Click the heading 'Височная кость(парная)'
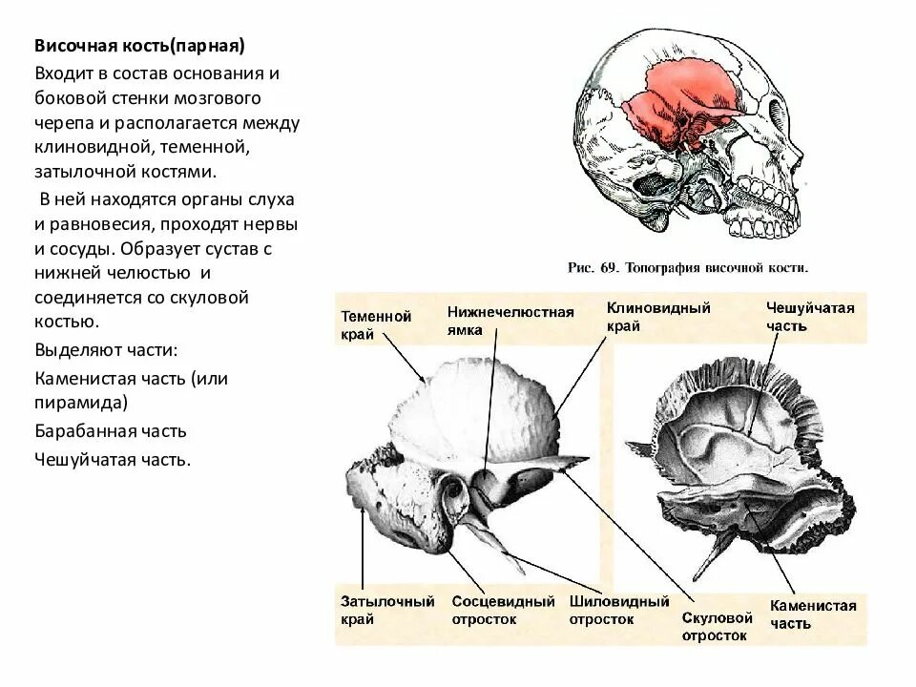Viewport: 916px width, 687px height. point(140,46)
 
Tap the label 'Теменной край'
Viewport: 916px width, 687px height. point(376,324)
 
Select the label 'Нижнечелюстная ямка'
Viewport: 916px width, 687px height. point(510,321)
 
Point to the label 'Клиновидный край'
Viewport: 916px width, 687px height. point(658,317)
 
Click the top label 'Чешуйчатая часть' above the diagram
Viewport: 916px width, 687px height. point(810,317)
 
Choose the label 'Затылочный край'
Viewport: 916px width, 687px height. point(387,610)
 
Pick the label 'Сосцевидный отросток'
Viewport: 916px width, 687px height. point(503,610)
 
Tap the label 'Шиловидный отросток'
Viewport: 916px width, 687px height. point(619,610)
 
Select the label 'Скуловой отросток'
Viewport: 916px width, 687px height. point(718,625)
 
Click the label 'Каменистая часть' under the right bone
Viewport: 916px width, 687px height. point(813,614)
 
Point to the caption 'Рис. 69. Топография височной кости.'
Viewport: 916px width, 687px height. point(688,268)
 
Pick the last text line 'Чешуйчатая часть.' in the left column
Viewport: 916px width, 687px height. point(114,459)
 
